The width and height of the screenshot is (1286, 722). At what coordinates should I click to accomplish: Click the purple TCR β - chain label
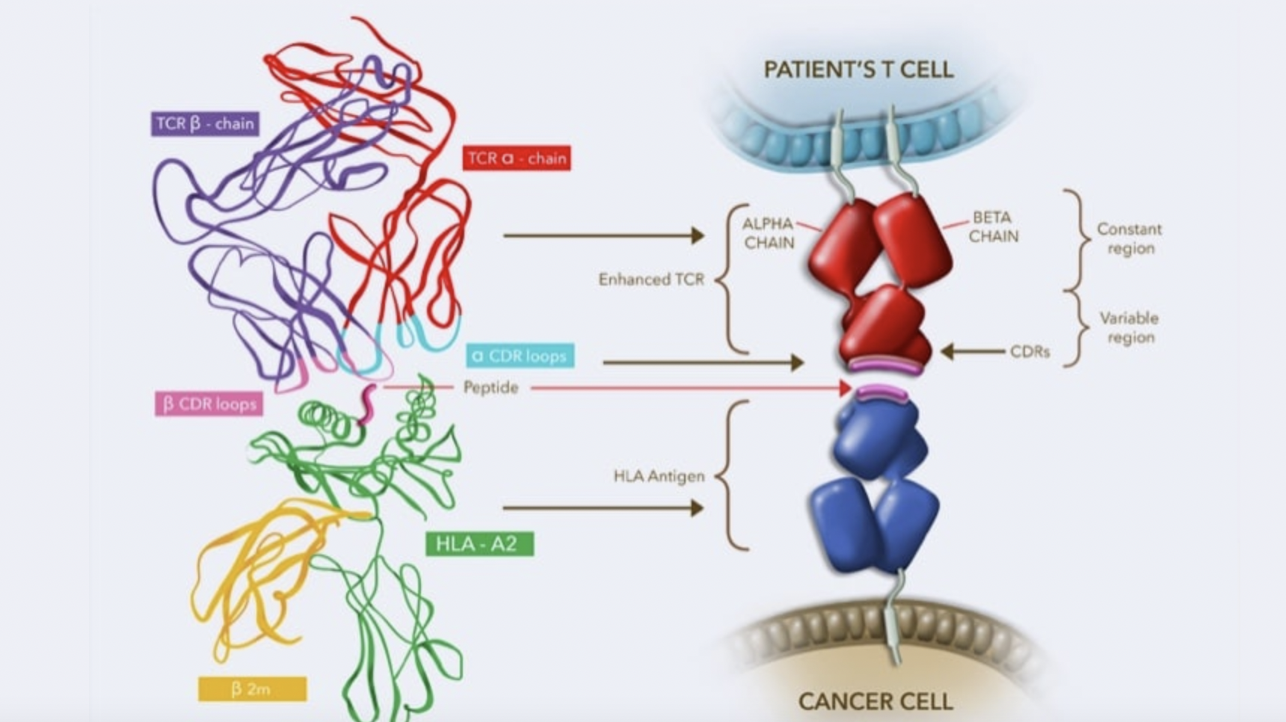pos(205,123)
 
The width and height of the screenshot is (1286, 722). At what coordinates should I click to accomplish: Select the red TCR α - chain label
pos(517,158)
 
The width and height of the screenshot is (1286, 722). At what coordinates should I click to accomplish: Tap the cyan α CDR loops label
pos(520,356)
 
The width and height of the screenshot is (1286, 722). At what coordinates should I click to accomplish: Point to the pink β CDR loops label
pos(209,404)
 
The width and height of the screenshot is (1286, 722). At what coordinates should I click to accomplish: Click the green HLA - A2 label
pos(479,543)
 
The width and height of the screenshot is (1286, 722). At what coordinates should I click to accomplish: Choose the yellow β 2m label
pos(252,689)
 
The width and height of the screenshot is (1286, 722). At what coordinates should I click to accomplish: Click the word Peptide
pos(490,387)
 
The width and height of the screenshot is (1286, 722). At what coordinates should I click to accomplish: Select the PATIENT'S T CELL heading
pos(858,70)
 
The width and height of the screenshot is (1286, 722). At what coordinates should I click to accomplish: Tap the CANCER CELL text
pos(876,702)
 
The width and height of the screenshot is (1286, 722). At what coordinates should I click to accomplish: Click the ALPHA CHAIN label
pos(768,233)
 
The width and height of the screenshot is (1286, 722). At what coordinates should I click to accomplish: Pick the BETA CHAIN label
pos(993,226)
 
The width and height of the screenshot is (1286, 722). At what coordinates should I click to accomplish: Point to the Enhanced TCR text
pos(651,280)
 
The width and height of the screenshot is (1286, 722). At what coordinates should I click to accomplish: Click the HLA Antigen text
pos(659,476)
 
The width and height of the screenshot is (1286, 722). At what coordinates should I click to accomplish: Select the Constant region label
pos(1130,238)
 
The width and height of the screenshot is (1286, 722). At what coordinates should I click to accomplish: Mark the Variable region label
pos(1130,327)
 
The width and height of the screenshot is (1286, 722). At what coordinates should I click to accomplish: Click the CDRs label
pos(1030,351)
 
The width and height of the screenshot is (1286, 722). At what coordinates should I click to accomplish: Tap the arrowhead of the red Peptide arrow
pos(846,388)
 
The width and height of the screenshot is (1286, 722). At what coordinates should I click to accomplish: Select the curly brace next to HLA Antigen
pos(733,476)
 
